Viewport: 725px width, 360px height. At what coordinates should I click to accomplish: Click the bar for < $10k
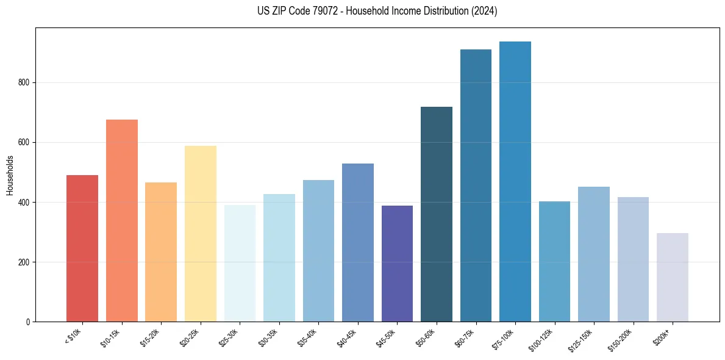[x=82, y=248]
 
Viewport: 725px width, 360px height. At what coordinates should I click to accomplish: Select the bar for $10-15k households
[x=122, y=220]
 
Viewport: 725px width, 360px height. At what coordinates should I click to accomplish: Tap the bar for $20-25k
[x=201, y=234]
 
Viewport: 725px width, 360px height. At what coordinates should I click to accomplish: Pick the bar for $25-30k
[x=240, y=263]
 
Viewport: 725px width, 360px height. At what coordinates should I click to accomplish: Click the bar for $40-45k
[x=358, y=242]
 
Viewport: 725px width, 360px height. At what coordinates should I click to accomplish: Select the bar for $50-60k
[x=437, y=214]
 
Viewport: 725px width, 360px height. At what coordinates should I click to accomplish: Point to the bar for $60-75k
[x=476, y=185]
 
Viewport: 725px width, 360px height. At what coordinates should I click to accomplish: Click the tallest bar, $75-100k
[x=515, y=181]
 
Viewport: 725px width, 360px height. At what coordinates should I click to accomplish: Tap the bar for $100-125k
[x=554, y=261]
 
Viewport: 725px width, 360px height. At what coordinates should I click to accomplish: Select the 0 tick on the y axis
[x=30, y=322]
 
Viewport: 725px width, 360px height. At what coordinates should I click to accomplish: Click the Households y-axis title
[x=10, y=175]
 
